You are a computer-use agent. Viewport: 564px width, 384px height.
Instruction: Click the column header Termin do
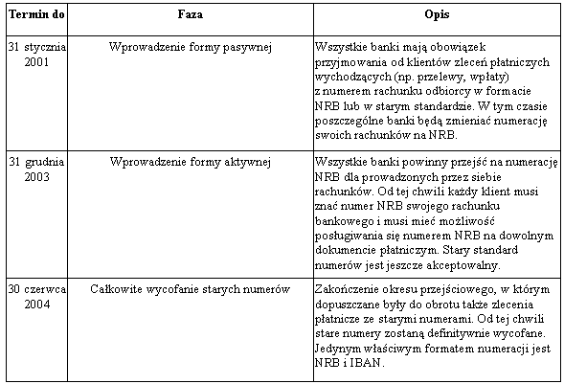[x=34, y=17]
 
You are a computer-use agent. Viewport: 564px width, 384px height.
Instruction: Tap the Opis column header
[x=437, y=17]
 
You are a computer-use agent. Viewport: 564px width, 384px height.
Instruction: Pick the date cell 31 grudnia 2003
[x=34, y=169]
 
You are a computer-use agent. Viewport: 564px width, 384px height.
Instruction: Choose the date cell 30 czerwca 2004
[x=34, y=295]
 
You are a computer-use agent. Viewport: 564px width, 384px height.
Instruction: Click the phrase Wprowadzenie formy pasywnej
[x=191, y=45]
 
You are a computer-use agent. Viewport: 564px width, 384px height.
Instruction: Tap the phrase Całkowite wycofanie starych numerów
[x=191, y=288]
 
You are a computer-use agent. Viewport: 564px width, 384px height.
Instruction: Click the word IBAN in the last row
[x=368, y=364]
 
